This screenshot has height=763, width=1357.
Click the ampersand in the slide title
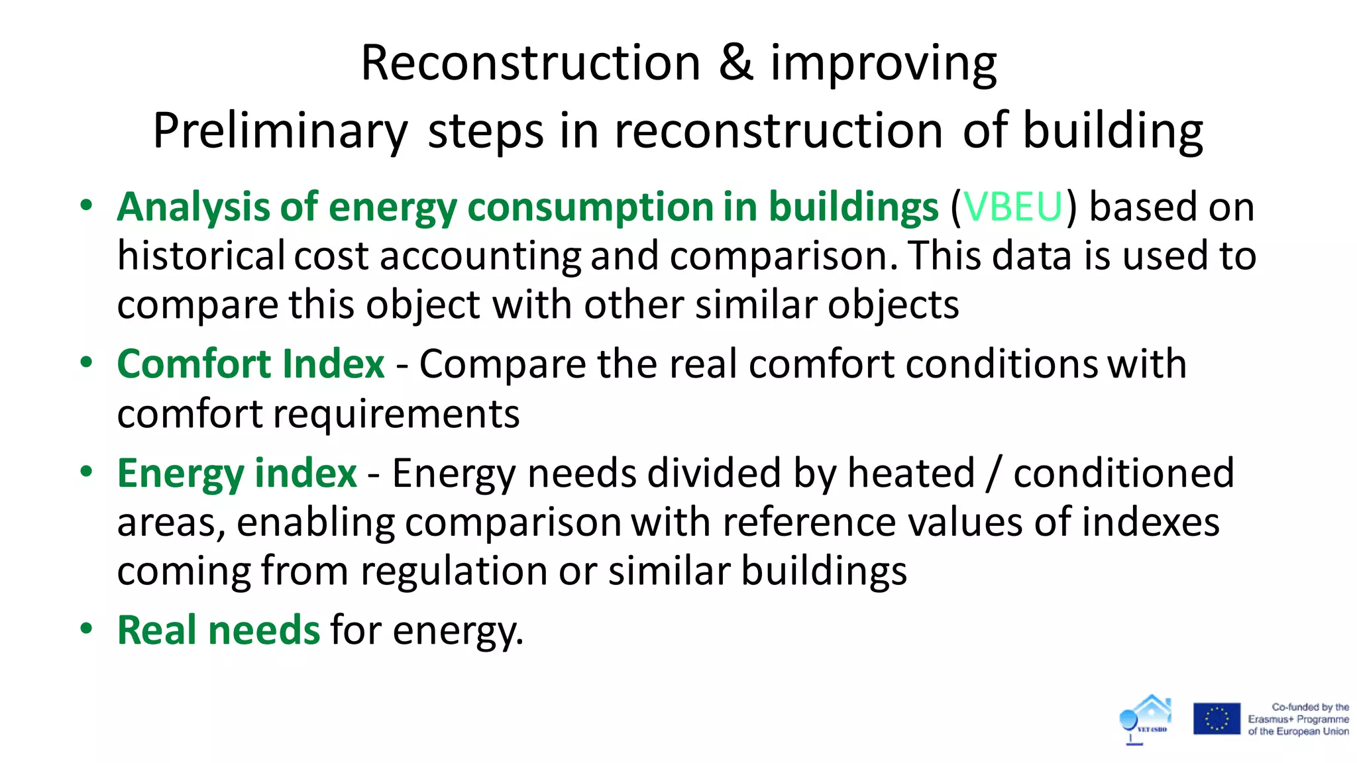(x=735, y=63)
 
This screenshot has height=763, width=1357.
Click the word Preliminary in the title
(x=280, y=131)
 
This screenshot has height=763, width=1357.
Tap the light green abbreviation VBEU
(x=1013, y=207)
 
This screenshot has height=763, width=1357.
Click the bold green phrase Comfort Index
(x=250, y=364)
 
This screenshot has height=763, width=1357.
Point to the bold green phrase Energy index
(x=237, y=473)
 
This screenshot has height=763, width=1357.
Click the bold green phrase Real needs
(x=219, y=629)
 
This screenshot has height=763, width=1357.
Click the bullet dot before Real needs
(x=86, y=629)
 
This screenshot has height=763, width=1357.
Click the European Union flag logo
(x=1217, y=719)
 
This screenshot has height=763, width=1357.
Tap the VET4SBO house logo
(x=1145, y=719)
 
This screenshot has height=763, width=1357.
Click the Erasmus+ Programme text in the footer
(x=1298, y=719)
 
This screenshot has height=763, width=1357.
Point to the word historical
(x=201, y=256)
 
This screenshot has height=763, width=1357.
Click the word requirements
(x=396, y=414)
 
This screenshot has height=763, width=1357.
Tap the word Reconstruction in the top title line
(x=530, y=63)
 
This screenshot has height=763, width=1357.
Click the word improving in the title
(x=883, y=63)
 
